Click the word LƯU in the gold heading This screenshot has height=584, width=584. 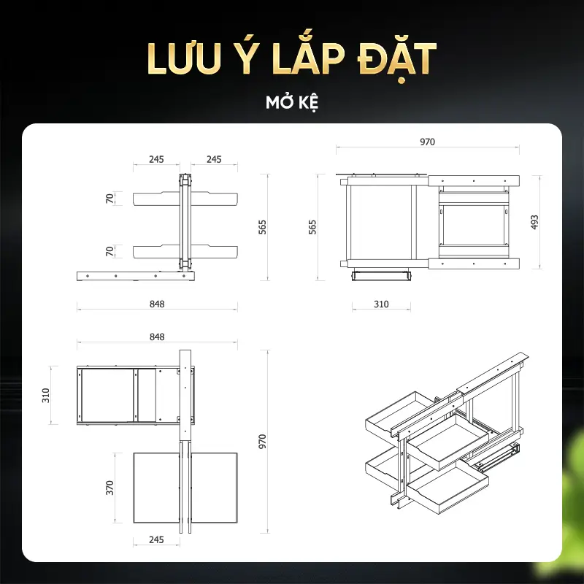pos(182,59)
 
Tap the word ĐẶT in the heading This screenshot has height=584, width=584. pos(396,61)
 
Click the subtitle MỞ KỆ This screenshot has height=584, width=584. pos(292,102)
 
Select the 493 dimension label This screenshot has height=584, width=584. pos(534,222)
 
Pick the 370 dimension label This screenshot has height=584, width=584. pos(109,488)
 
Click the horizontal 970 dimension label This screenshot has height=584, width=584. pos(427,142)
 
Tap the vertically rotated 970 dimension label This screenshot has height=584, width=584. pos(263,442)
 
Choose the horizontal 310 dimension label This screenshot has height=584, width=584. pos(381,304)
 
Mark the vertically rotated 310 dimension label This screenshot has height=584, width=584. pos(46,395)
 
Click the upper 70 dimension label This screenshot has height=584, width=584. pos(109,199)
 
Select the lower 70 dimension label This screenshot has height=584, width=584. pos(109,251)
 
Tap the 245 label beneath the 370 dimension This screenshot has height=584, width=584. pos(156,539)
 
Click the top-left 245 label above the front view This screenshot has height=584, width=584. pos(156,159)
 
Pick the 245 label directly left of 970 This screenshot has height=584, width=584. pos(214,159)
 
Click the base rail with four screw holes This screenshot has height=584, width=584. pos(136,276)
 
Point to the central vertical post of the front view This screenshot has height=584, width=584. pos(185,221)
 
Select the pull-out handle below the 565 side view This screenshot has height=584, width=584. pos(381,276)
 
